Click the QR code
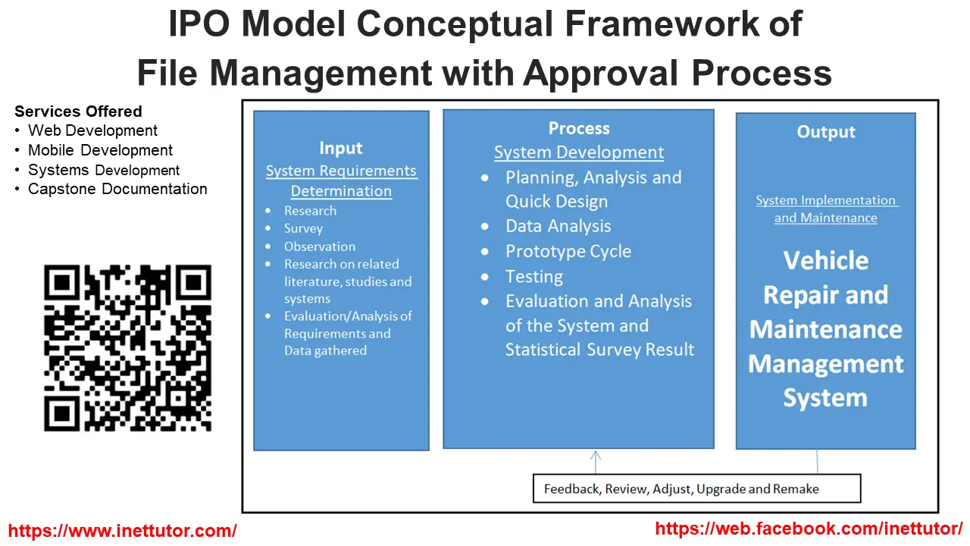pyautogui.click(x=127, y=348)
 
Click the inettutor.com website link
pyautogui.click(x=122, y=531)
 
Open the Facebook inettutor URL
pyautogui.click(x=809, y=529)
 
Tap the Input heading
pyautogui.click(x=341, y=148)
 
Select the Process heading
pyautogui.click(x=579, y=128)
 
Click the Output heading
pyautogui.click(x=826, y=132)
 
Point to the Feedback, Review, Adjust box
pyautogui.click(x=696, y=488)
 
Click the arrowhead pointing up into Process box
pyautogui.click(x=596, y=455)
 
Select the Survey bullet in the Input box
pyautogui.click(x=303, y=228)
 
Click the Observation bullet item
pyautogui.click(x=319, y=246)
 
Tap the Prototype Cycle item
pyautogui.click(x=568, y=251)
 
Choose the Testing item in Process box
pyautogui.click(x=534, y=276)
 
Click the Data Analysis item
pyautogui.click(x=558, y=226)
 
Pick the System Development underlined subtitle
pyautogui.click(x=579, y=152)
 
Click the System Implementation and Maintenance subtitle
pyautogui.click(x=826, y=209)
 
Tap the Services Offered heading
pyautogui.click(x=78, y=111)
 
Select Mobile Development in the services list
pyautogui.click(x=100, y=150)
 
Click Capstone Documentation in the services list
pyautogui.click(x=117, y=189)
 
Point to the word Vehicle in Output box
pyautogui.click(x=826, y=260)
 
